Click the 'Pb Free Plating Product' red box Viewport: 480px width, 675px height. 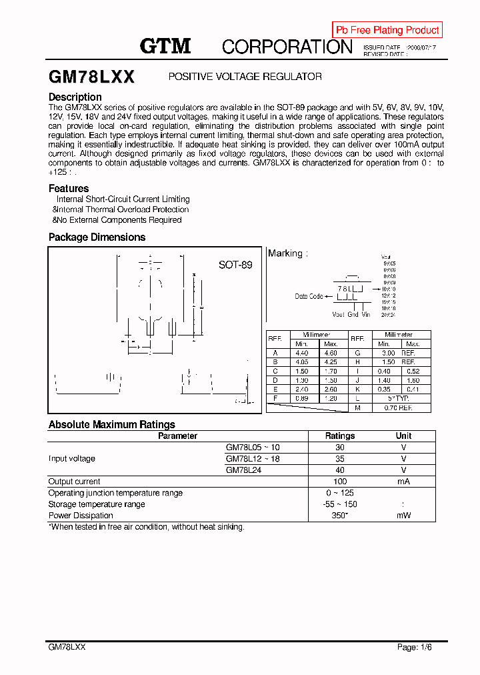coord(387,30)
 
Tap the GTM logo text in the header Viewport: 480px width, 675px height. coord(165,46)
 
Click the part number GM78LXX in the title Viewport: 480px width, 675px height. coord(91,77)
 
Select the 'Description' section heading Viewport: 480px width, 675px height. coord(75,97)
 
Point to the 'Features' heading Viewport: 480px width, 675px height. coord(69,189)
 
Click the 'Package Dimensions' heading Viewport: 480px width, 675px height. coord(97,237)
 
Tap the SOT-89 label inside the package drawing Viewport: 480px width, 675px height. coord(235,265)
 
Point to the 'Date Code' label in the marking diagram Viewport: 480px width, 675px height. coord(309,296)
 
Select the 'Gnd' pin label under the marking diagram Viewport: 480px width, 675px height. coord(353,314)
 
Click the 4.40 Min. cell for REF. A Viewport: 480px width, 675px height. coord(301,353)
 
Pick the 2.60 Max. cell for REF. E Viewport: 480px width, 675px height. coord(331,389)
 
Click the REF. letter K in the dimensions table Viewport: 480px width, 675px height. coord(357,389)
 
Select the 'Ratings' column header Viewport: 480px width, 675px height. coord(340,436)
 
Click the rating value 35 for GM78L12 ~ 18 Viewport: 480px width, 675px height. coord(340,459)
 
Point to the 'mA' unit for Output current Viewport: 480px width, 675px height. coord(404,482)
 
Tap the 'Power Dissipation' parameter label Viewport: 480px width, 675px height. coord(81,516)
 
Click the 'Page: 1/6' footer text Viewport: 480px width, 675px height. coord(417,647)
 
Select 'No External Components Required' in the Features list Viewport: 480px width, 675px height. coord(119,220)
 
